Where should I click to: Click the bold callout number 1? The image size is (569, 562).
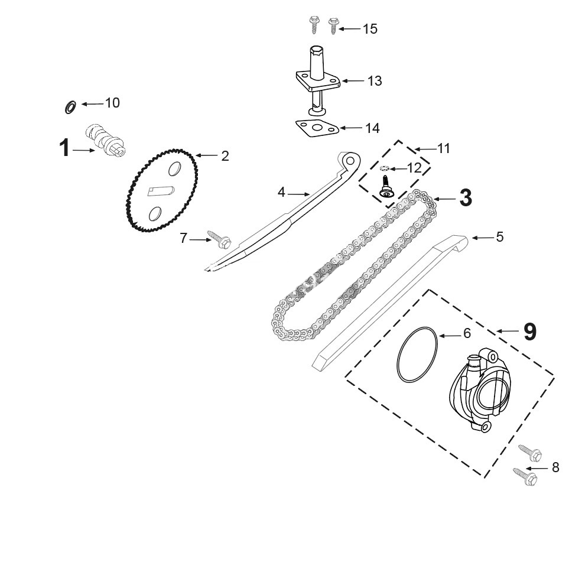pyautogui.click(x=64, y=148)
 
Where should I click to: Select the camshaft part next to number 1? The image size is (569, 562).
pyautogui.click(x=105, y=140)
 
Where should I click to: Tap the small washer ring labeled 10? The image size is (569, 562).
pyautogui.click(x=70, y=107)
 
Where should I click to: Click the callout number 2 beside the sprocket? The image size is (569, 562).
pyautogui.click(x=225, y=156)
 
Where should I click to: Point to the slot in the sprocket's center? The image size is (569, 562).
pyautogui.click(x=161, y=191)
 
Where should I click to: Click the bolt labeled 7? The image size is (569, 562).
pyautogui.click(x=219, y=239)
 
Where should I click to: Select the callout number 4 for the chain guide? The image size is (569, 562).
pyautogui.click(x=281, y=193)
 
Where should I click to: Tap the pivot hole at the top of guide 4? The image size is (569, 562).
pyautogui.click(x=350, y=160)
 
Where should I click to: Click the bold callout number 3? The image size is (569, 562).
pyautogui.click(x=466, y=198)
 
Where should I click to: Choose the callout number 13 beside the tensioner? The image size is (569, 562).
pyautogui.click(x=375, y=81)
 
